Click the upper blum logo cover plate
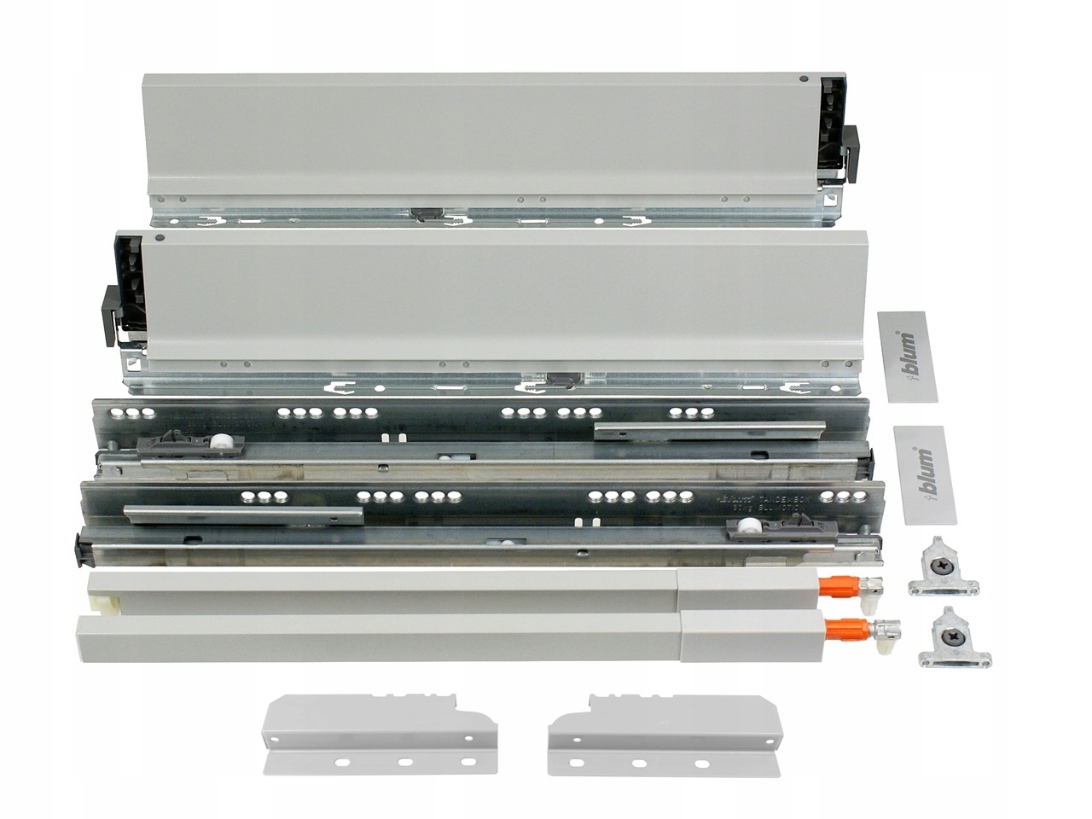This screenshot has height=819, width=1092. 907,356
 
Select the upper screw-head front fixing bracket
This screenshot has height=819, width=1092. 941,565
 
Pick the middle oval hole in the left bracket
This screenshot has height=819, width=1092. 404,762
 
